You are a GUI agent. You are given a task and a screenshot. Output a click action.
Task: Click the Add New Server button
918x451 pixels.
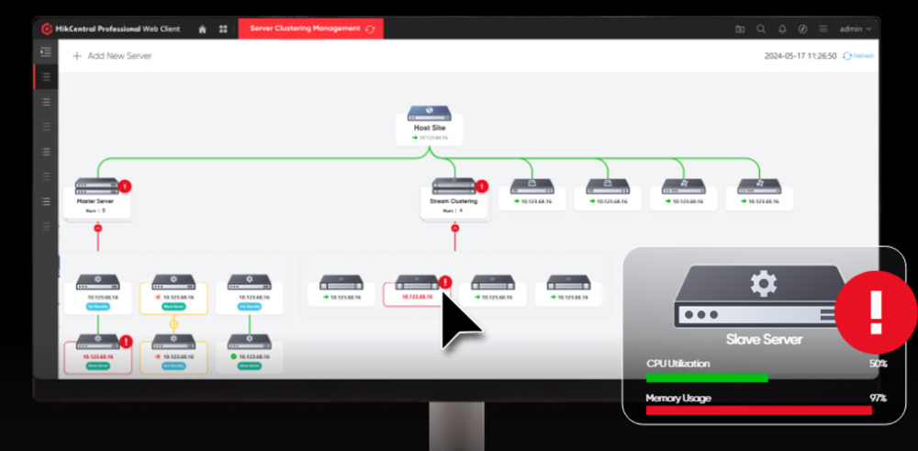pyautogui.click(x=113, y=56)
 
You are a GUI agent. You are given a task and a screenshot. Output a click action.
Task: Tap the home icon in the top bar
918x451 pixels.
pyautogui.click(x=202, y=28)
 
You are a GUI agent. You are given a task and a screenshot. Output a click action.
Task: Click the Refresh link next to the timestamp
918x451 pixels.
pyautogui.click(x=863, y=56)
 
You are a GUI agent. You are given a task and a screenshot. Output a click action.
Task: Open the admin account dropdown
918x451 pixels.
pyautogui.click(x=855, y=28)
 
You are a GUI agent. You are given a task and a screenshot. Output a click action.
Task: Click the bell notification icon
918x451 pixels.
pyautogui.click(x=782, y=28)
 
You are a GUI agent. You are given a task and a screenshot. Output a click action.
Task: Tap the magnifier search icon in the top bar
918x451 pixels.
pyautogui.click(x=761, y=28)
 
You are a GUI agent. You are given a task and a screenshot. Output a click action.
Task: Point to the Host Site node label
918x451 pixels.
pyautogui.click(x=429, y=128)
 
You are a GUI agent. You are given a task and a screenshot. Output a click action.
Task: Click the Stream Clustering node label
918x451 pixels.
pyautogui.click(x=453, y=200)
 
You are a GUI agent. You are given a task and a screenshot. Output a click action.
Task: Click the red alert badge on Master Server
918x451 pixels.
pyautogui.click(x=125, y=186)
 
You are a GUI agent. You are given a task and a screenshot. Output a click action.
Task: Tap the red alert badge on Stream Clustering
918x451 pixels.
pyautogui.click(x=483, y=186)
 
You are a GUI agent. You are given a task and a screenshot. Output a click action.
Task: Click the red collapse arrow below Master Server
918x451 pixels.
pyautogui.click(x=97, y=227)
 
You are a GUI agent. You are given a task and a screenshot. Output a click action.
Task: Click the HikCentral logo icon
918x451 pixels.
pyautogui.click(x=48, y=28)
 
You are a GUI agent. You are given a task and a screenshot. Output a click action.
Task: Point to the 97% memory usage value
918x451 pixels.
pyautogui.click(x=878, y=399)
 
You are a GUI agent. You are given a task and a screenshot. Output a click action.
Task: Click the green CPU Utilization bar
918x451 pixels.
pyautogui.click(x=706, y=378)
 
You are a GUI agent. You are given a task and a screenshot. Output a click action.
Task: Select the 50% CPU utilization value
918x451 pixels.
pyautogui.click(x=878, y=364)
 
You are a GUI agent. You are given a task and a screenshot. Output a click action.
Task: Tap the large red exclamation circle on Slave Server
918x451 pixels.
pyautogui.click(x=874, y=311)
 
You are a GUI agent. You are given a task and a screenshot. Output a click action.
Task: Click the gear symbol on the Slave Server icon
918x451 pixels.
pyautogui.click(x=764, y=283)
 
